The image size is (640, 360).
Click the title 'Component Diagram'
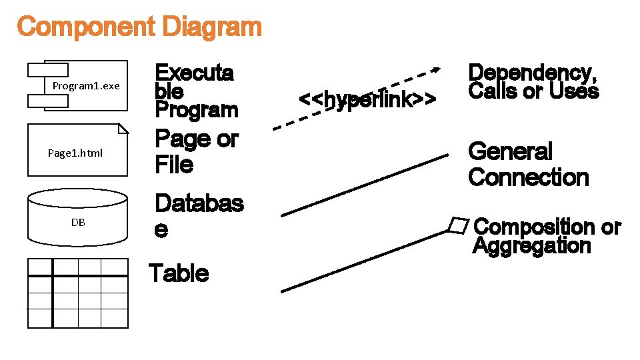click(139, 27)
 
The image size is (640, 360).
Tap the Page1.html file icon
click(77, 151)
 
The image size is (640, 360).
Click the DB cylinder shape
click(77, 217)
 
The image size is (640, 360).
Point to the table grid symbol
click(77, 293)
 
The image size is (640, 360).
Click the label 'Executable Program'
click(195, 91)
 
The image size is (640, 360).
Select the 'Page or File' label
click(196, 151)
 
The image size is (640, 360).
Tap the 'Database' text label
click(198, 216)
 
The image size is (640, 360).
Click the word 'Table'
click(179, 273)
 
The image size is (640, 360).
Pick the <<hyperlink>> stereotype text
click(367, 99)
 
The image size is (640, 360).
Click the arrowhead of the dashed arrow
click(435, 68)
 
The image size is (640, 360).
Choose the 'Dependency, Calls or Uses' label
click(533, 82)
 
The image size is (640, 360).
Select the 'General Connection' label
click(529, 165)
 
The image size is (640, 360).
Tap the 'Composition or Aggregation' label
click(546, 237)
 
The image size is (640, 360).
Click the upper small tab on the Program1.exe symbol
click(47, 69)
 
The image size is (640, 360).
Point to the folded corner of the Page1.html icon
click(122, 129)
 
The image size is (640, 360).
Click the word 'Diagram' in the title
click(212, 27)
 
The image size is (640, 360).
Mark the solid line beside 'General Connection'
click(364, 185)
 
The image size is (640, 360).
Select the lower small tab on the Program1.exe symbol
click(47, 101)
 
